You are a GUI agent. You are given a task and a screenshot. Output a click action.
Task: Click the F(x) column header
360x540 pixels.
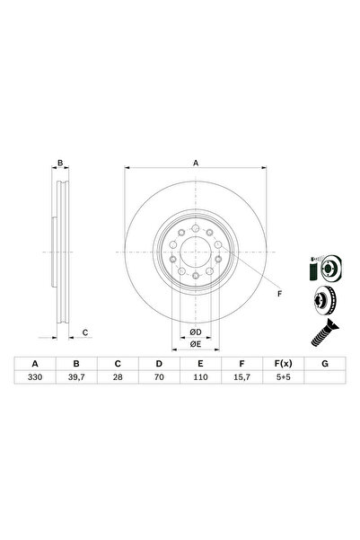click(x=283, y=364)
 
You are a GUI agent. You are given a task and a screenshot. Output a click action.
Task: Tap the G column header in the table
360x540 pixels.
click(x=324, y=364)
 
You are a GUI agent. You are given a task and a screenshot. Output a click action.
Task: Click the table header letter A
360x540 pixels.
click(x=35, y=364)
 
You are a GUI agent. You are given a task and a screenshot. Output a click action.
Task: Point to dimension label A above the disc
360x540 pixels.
click(x=195, y=164)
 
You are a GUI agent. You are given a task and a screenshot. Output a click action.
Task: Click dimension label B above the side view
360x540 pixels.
click(x=60, y=164)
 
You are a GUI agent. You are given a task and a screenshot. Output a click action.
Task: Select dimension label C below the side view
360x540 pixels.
click(x=84, y=333)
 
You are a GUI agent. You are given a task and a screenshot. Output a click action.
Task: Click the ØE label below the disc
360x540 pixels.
click(x=195, y=343)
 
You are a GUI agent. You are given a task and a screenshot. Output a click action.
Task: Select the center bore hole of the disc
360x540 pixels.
click(x=195, y=254)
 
